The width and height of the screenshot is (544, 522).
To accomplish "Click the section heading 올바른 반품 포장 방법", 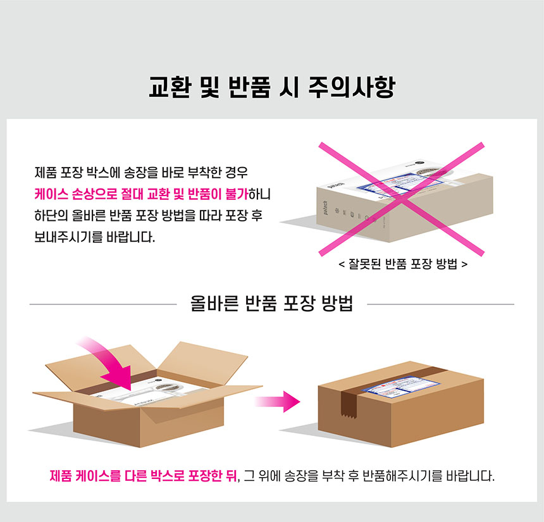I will [x=272, y=304].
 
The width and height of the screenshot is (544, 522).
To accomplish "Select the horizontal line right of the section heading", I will [x=440, y=304].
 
